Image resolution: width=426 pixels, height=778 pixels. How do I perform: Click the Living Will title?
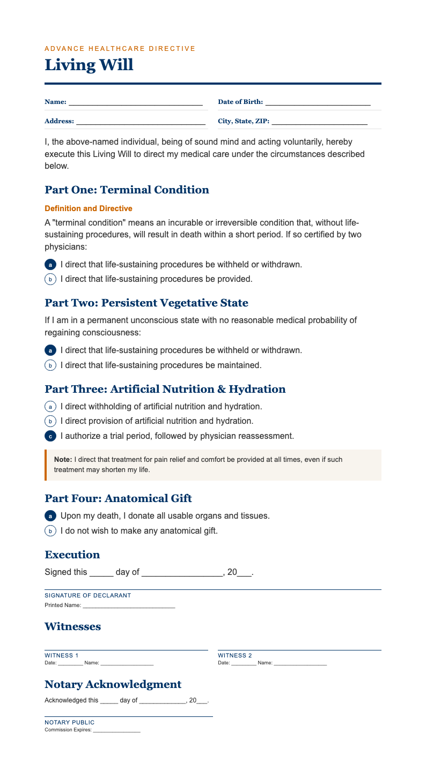(x=89, y=65)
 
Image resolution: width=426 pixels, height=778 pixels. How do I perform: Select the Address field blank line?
(x=141, y=122)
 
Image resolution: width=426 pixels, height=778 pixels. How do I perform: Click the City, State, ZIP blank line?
(x=319, y=122)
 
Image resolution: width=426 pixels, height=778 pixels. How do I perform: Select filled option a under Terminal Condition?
(x=50, y=265)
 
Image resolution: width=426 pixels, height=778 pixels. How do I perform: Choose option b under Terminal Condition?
(x=50, y=279)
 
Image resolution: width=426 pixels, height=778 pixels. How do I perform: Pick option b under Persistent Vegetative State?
(x=50, y=365)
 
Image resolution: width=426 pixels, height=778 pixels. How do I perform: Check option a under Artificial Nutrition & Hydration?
(x=50, y=407)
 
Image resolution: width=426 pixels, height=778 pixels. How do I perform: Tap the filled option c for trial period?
(x=50, y=436)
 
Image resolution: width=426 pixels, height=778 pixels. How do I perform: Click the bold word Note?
(x=63, y=460)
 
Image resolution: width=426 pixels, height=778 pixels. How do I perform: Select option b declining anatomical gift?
(x=50, y=532)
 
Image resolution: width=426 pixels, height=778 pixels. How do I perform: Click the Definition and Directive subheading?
(x=89, y=208)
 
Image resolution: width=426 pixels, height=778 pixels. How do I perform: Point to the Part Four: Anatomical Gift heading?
(x=118, y=498)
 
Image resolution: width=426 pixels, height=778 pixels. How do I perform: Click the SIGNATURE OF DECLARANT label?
(x=87, y=595)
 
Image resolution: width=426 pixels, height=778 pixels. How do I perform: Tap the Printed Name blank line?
(x=129, y=606)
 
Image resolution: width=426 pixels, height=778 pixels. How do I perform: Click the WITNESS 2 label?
(x=235, y=655)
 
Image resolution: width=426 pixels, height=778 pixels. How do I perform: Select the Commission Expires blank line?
(x=116, y=730)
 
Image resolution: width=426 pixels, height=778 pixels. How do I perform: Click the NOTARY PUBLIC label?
(x=69, y=722)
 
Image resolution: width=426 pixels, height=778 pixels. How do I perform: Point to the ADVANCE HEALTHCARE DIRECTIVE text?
(x=120, y=49)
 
